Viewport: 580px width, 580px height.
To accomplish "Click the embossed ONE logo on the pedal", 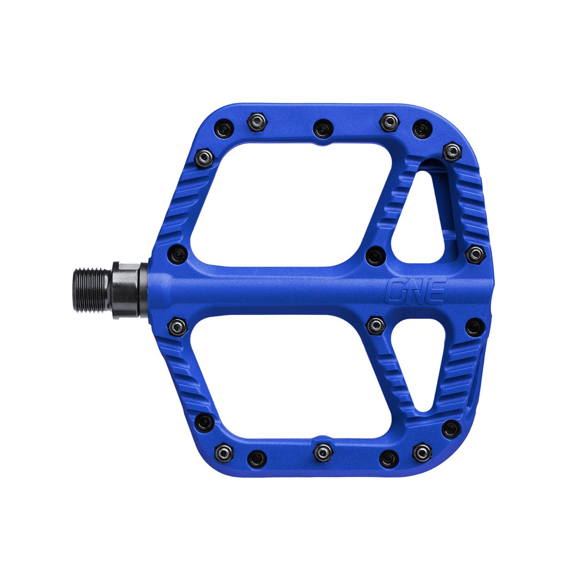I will [416, 292].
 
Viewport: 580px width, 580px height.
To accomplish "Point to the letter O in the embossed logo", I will [396, 292].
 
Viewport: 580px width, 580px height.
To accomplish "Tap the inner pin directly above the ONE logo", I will [374, 255].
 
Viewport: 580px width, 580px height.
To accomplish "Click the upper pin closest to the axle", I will [177, 254].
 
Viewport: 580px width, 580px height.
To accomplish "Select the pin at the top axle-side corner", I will [203, 157].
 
